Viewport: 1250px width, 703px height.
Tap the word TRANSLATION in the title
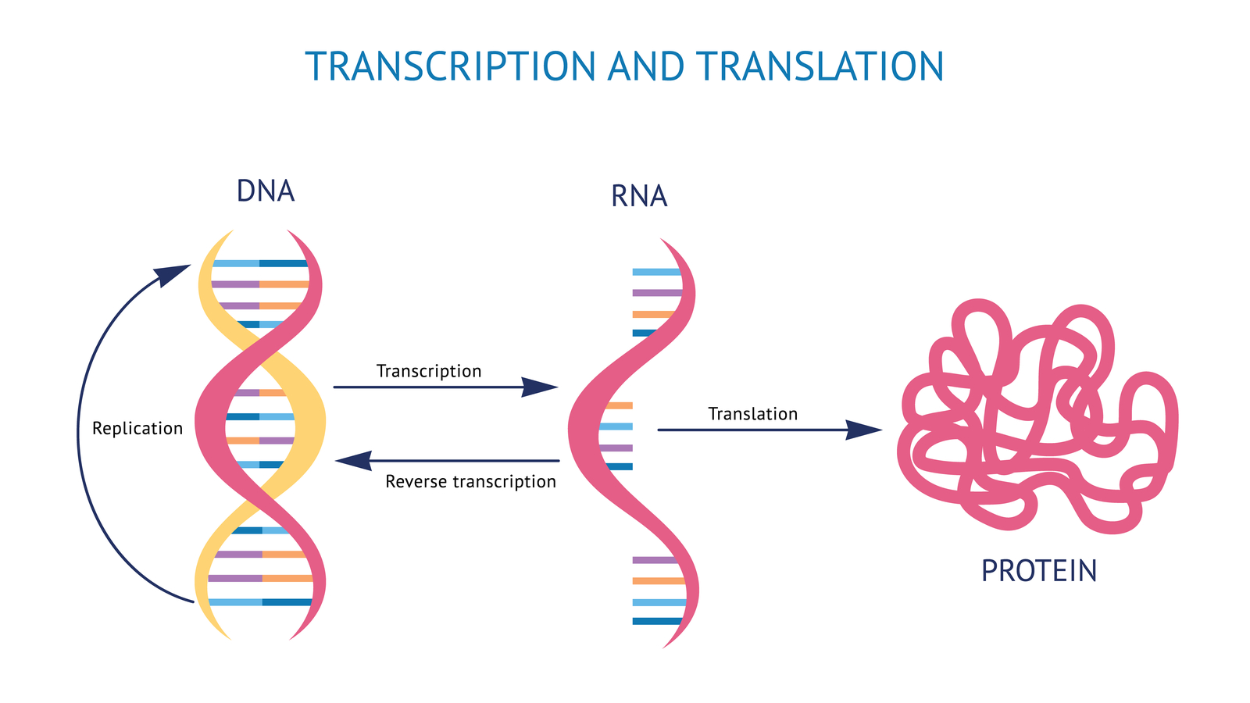(820, 66)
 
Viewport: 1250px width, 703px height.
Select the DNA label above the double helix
(266, 191)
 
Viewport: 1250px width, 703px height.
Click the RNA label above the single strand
(639, 196)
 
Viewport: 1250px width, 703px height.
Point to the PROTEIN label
(1039, 571)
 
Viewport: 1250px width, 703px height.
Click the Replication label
(137, 429)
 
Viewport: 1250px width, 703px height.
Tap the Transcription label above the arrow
(429, 371)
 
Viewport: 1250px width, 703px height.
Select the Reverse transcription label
(470, 482)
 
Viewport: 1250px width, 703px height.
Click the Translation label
(752, 414)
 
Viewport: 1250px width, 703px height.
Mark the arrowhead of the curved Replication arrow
(173, 274)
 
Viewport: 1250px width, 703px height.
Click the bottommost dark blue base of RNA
(656, 621)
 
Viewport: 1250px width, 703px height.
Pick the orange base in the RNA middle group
(619, 406)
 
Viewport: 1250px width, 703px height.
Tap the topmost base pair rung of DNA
(260, 264)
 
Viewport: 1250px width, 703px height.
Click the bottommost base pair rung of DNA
(260, 602)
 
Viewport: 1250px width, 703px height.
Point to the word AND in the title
(645, 66)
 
